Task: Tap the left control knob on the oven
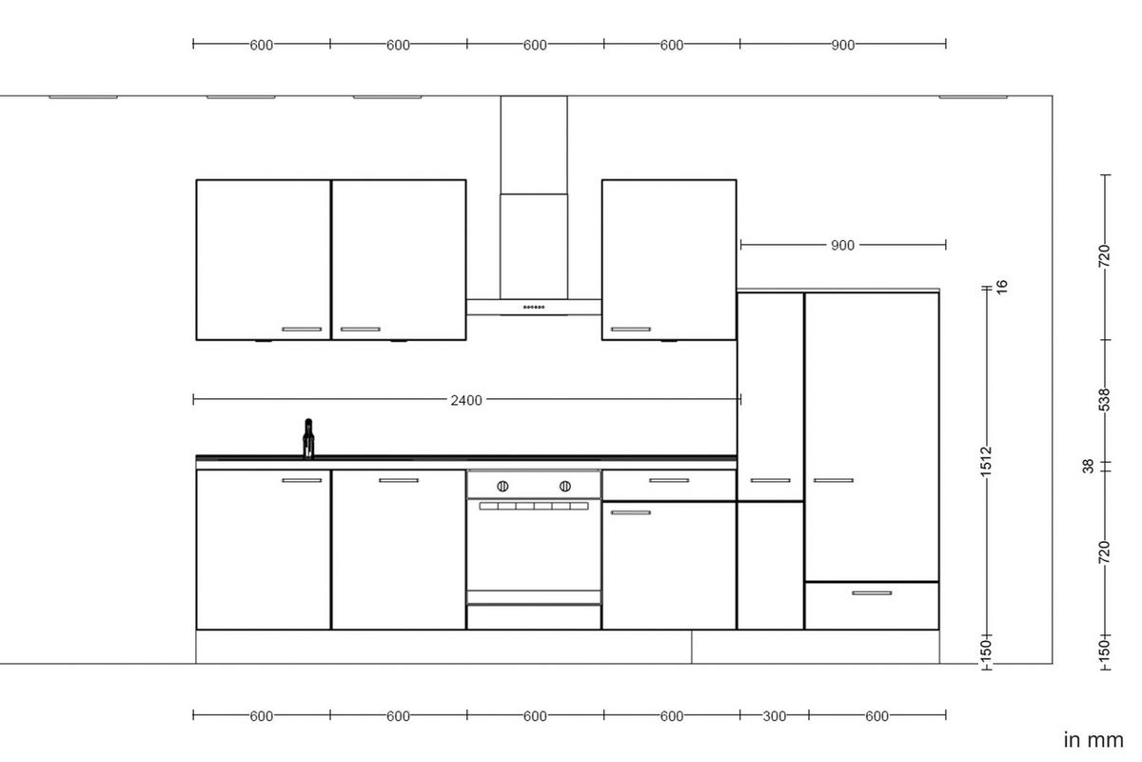502,486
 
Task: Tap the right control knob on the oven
565,486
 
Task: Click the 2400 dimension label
466,400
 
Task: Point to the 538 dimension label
1105,401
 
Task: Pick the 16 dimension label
1000,285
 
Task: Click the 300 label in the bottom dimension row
775,716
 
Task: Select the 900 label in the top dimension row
842,45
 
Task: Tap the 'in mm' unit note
1093,740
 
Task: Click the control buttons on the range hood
533,307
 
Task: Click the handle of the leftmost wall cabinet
302,330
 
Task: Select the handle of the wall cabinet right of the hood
630,330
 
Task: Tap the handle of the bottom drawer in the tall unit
872,593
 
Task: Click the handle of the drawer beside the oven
669,480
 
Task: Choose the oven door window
533,548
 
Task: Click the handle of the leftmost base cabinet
302,480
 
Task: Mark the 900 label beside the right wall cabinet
842,246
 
